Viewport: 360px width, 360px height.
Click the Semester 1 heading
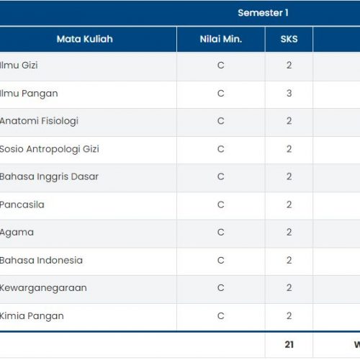[263, 13]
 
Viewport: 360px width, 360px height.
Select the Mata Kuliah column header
[85, 39]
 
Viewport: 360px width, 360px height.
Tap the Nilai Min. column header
[221, 39]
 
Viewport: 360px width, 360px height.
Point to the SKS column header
[289, 39]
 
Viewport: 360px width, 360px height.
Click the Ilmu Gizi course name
[19, 65]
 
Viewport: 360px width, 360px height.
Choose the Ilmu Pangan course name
[29, 94]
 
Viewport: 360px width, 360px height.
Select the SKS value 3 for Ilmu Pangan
[289, 93]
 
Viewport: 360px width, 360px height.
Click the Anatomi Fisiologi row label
[39, 121]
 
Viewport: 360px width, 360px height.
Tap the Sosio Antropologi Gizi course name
[50, 149]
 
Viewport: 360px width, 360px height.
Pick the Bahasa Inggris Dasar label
[49, 177]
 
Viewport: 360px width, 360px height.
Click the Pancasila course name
[22, 204]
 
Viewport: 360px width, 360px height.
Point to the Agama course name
[17, 233]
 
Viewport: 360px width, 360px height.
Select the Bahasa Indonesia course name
[41, 260]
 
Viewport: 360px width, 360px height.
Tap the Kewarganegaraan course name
[43, 288]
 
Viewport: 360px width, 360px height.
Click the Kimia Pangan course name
[32, 316]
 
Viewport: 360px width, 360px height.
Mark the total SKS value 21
[289, 345]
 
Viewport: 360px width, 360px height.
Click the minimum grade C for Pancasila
[221, 204]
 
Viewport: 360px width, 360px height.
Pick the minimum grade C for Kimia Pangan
[221, 316]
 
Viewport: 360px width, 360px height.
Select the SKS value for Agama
[289, 233]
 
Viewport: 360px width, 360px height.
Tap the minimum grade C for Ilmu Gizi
[221, 66]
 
